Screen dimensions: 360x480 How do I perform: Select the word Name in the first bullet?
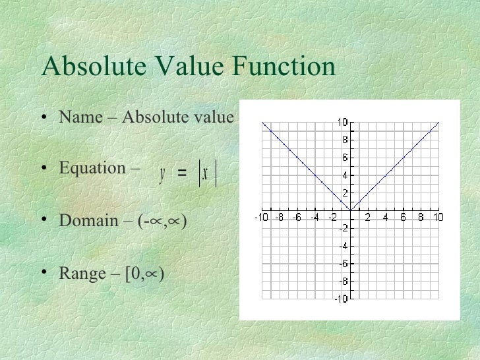point(78,117)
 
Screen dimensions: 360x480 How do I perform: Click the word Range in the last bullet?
point(82,272)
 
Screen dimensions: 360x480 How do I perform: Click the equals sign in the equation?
point(182,174)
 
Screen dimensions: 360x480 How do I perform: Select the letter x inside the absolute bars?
point(206,174)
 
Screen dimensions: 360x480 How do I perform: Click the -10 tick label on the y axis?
point(340,299)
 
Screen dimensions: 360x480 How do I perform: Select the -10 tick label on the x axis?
point(262,218)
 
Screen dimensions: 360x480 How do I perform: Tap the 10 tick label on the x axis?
point(438,218)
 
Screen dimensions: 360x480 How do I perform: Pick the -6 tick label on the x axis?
point(297,218)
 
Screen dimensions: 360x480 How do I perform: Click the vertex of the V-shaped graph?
point(350,210)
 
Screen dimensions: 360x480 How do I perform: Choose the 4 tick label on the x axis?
point(385,218)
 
